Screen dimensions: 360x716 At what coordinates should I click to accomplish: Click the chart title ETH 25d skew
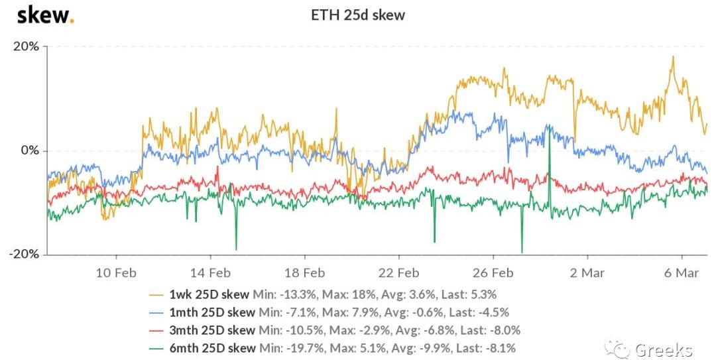point(358,15)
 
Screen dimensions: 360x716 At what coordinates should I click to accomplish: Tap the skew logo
point(45,15)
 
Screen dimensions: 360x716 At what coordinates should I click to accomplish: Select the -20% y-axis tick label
point(25,255)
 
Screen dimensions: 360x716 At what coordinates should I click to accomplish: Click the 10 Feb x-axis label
point(116,272)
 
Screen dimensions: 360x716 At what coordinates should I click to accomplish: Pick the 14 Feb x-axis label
point(210,272)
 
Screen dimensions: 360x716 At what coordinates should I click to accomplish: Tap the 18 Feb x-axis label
point(304,272)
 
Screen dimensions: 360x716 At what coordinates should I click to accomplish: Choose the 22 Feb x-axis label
point(398,272)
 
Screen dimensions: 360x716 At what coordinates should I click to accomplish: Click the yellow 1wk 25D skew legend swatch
point(156,294)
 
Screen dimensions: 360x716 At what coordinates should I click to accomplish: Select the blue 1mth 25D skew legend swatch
point(156,312)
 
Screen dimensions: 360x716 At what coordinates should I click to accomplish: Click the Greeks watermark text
point(663,349)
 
